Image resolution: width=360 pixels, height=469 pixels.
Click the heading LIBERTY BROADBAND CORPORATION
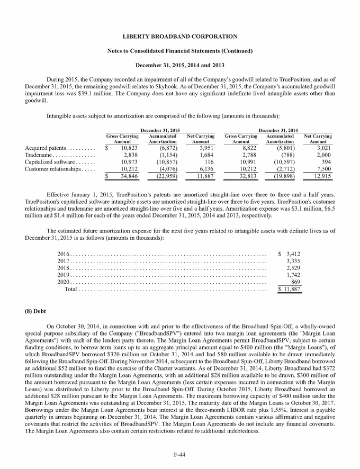tap(180, 37)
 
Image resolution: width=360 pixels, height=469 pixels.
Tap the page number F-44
tap(180, 454)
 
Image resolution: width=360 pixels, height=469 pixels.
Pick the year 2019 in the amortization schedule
tap(64, 275)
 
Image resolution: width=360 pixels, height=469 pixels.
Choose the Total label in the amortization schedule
tap(71, 290)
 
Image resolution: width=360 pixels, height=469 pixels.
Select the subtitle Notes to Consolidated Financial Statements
tap(180, 51)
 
